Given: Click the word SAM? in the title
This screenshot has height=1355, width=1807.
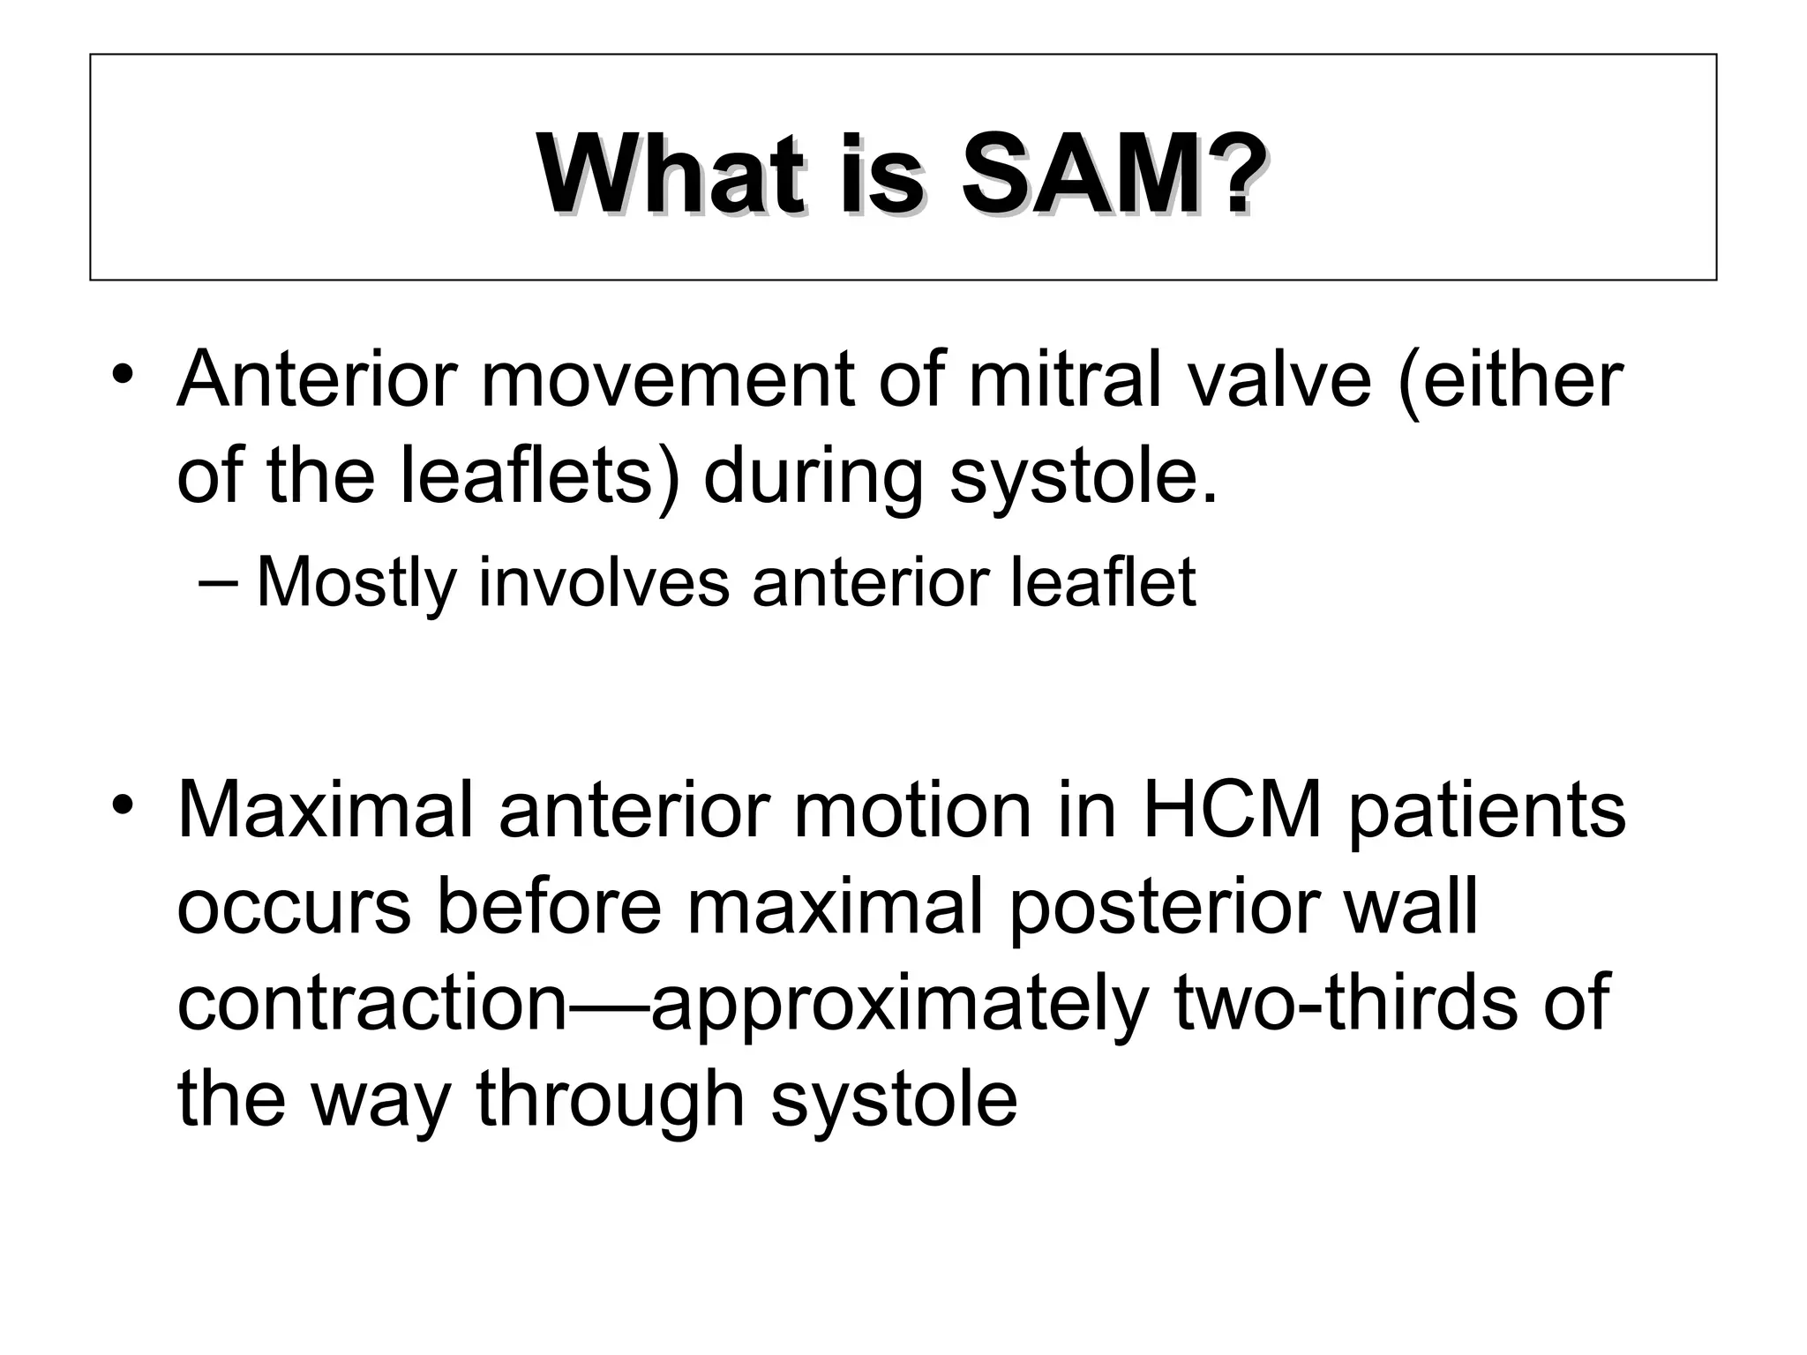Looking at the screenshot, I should click(1108, 175).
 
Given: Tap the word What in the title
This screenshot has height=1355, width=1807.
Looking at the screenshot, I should click(671, 175).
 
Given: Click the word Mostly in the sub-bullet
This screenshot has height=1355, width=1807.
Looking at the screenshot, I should click(356, 582).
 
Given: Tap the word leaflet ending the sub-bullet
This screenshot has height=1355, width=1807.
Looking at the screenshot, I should click(1102, 582).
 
